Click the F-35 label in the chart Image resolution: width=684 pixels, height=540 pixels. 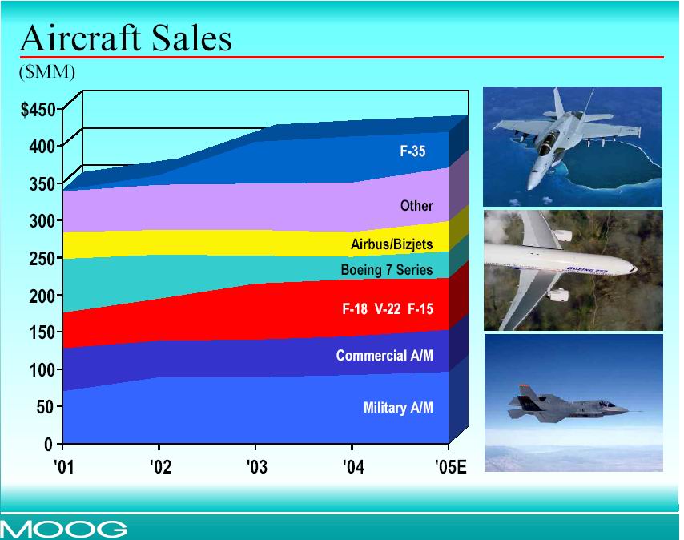412,151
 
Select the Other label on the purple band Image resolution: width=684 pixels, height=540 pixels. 416,205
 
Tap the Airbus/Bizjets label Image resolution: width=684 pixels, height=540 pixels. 392,244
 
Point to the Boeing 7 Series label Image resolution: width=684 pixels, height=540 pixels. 387,269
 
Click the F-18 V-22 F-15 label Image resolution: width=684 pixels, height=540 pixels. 388,308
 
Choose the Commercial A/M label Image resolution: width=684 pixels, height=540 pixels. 384,355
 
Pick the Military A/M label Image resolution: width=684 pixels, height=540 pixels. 398,407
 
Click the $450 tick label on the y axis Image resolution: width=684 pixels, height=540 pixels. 38,110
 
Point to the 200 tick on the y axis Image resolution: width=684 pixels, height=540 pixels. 42,296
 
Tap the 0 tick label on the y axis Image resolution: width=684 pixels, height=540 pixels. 48,445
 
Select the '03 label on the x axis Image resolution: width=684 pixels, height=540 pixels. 257,467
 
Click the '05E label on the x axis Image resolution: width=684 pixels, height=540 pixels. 451,467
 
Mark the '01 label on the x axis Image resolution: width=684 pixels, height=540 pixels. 64,467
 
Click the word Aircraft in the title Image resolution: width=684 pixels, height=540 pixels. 81,38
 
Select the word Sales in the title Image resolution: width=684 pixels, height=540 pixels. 192,38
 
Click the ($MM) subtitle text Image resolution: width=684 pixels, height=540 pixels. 47,71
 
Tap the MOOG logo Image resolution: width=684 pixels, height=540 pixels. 64,529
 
